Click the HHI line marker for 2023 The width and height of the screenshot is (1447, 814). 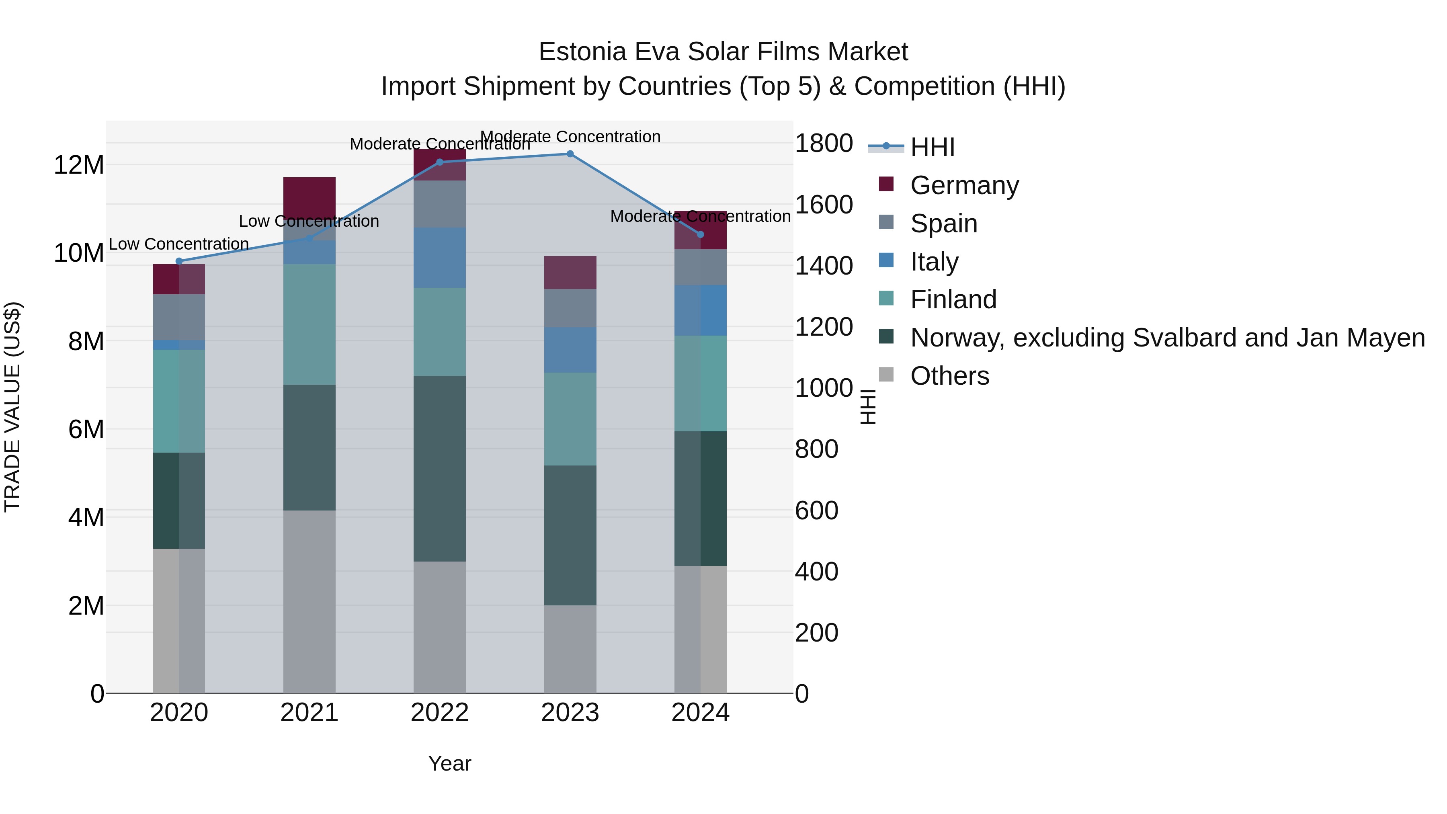click(x=570, y=154)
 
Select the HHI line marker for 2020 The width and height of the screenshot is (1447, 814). click(x=179, y=261)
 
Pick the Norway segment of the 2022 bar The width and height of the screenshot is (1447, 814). click(x=439, y=469)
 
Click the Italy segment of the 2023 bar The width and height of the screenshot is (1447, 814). click(x=570, y=350)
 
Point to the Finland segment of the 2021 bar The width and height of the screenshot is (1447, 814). click(x=309, y=324)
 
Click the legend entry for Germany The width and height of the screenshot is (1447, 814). click(x=964, y=185)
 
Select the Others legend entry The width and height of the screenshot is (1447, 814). click(x=949, y=376)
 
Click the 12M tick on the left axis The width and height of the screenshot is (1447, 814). click(x=79, y=165)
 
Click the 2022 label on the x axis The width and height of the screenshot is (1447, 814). click(x=439, y=713)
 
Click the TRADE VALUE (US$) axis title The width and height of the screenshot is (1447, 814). click(x=12, y=407)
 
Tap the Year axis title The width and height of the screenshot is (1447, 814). click(x=449, y=763)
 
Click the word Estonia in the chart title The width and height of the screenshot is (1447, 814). click(x=582, y=52)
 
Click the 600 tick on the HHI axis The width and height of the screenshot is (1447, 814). click(x=817, y=510)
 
